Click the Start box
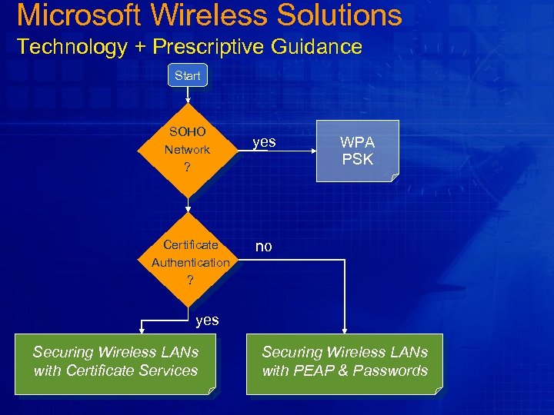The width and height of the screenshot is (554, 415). pos(187,75)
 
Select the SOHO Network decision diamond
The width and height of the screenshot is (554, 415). pos(186,149)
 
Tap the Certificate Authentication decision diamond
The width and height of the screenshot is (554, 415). pos(190,262)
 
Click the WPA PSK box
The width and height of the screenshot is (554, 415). pos(357,151)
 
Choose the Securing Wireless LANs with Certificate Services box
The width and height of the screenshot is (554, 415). pos(115,363)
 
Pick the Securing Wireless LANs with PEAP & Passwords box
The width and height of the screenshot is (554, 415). pos(344,363)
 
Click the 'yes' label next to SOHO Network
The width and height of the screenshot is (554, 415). pos(265,142)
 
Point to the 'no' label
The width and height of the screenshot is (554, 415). pos(263,246)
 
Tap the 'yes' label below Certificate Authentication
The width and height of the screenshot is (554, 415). pos(207,320)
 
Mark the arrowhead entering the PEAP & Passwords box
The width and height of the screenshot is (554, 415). pos(344,330)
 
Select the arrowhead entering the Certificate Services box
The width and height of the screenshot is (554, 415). pos(141,330)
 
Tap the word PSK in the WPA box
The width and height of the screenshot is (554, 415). pos(357,160)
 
